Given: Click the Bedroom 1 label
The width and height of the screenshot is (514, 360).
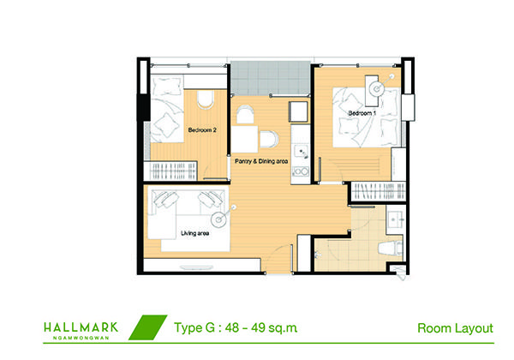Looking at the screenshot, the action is point(362,113).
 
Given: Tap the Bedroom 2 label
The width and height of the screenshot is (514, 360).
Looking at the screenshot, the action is point(202,130).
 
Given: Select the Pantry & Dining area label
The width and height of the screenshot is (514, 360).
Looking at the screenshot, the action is point(261,161).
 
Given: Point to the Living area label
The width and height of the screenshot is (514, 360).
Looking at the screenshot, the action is point(194,233).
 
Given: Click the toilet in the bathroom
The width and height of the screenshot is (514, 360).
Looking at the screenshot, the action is point(391,248).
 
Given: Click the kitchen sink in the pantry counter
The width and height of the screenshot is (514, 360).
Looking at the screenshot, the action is point(302,152).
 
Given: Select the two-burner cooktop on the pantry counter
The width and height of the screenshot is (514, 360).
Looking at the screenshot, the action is point(301,171).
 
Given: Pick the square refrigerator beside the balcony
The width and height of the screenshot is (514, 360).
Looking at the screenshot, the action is point(298,111).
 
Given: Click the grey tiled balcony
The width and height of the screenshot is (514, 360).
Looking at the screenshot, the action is point(271,78).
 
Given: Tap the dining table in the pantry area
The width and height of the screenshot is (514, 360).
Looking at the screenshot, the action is point(244,139).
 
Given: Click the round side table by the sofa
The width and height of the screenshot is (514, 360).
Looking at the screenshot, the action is point(218,219).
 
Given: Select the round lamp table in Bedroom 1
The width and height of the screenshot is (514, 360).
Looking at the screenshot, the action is point(377,88).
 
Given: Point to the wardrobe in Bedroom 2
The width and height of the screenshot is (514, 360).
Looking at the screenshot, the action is point(170,171).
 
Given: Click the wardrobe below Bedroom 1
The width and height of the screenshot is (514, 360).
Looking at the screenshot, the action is point(379,191).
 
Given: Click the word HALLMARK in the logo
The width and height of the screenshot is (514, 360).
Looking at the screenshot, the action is point(81,327).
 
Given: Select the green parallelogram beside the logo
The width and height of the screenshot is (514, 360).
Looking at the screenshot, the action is point(148,327).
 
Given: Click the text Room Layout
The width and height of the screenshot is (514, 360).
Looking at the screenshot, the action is point(455,328).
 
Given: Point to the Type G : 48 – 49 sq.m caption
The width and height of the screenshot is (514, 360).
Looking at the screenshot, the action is point(236,327).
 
